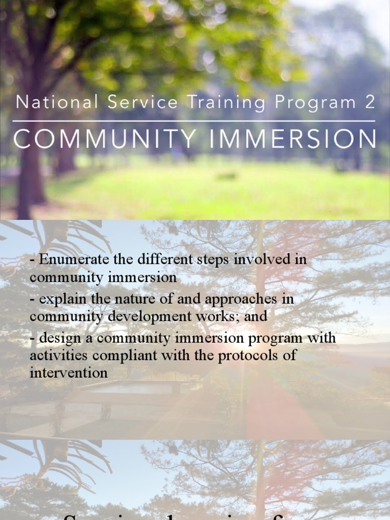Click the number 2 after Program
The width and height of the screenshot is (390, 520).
[x=370, y=103]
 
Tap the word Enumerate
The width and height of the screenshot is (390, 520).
[x=74, y=259]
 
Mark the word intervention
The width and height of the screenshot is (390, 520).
[x=69, y=373]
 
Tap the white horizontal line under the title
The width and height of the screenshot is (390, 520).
[x=194, y=121]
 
